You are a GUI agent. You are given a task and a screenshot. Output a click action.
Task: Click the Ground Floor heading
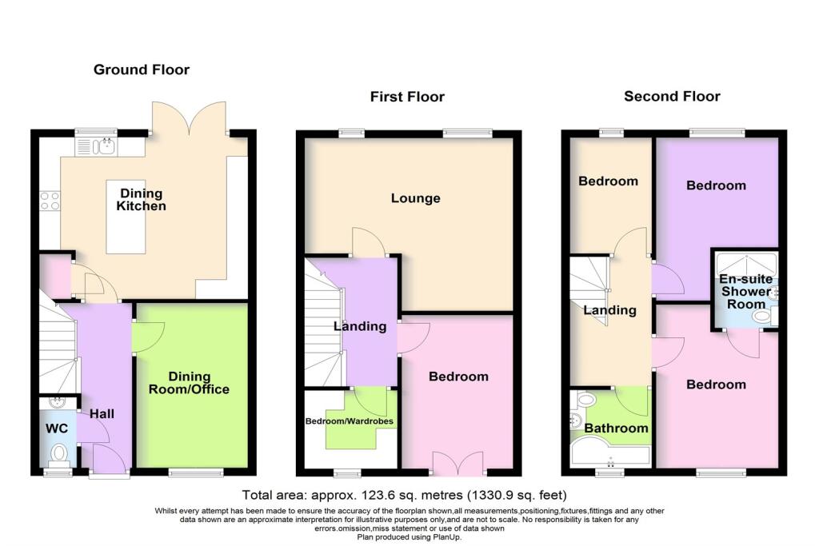pyautogui.click(x=142, y=70)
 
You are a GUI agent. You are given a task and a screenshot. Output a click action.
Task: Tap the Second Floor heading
pyautogui.click(x=672, y=96)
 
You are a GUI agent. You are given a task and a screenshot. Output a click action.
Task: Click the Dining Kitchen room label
pyautogui.click(x=142, y=200)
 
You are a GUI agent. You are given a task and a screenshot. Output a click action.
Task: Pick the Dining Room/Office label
pyautogui.click(x=189, y=383)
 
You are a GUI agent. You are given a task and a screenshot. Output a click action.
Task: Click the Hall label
pyautogui.click(x=103, y=414)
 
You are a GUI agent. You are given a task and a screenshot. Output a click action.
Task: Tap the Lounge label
pyautogui.click(x=415, y=198)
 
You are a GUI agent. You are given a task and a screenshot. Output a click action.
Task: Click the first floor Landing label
pyautogui.click(x=360, y=326)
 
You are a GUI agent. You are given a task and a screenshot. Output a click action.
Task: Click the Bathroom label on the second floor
pyautogui.click(x=615, y=428)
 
